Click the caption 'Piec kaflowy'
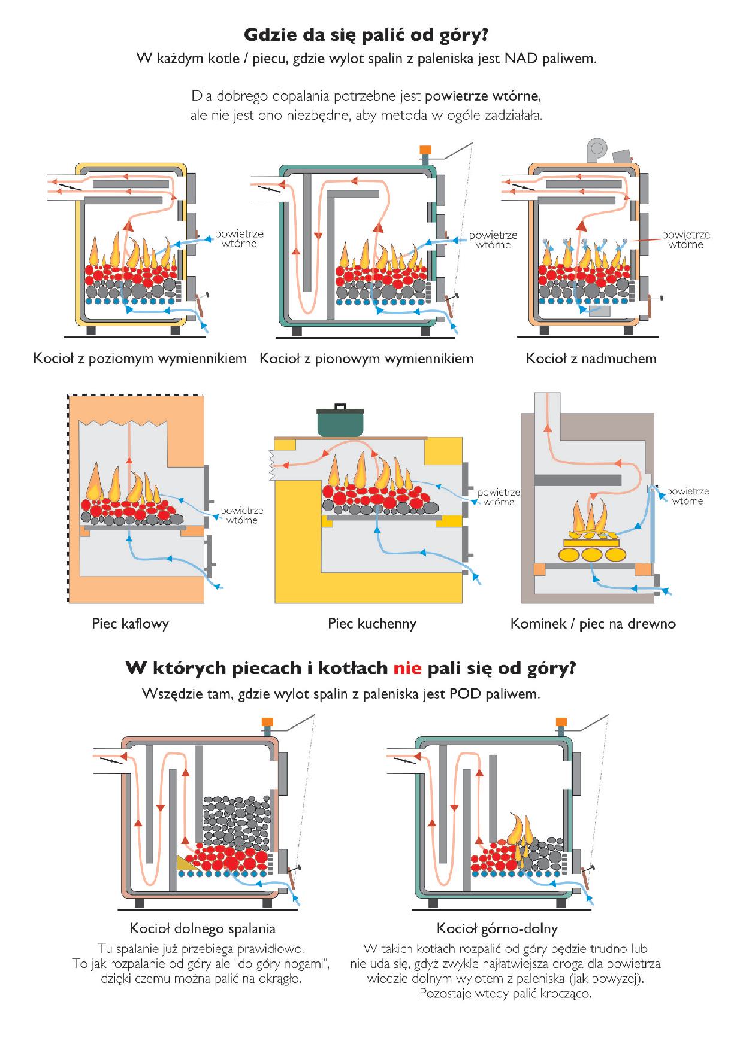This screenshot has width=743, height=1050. click(130, 623)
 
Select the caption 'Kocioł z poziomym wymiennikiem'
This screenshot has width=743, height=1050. click(140, 359)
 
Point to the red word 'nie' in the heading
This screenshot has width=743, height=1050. click(407, 668)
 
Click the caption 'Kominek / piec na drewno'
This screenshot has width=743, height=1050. click(593, 623)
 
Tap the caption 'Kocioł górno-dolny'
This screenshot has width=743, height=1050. click(497, 928)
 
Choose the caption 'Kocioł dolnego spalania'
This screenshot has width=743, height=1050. click(203, 928)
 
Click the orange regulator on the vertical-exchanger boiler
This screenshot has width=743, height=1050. click(425, 150)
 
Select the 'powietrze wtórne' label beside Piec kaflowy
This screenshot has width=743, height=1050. click(241, 515)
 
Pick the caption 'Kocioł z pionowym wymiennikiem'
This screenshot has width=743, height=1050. click(366, 359)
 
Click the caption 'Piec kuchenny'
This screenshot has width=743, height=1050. click(371, 623)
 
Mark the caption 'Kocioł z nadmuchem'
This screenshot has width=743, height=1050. click(591, 359)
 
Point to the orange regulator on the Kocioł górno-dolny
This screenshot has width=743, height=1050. click(561, 722)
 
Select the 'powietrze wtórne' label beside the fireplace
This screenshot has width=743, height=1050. click(687, 496)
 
